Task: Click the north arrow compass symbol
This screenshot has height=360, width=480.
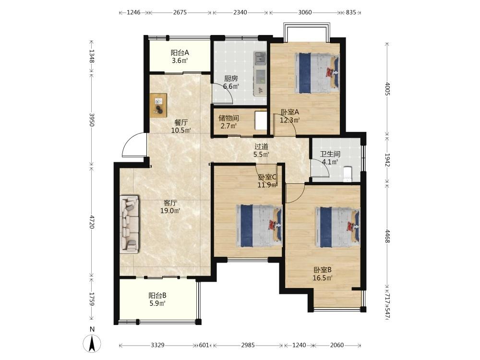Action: pyautogui.click(x=92, y=343)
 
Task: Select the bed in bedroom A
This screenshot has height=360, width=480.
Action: pyautogui.click(x=317, y=73)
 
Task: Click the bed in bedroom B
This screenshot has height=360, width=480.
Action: pyautogui.click(x=337, y=227)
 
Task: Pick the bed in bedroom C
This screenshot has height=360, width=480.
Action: pyautogui.click(x=259, y=226)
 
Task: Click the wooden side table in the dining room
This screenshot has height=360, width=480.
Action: pyautogui.click(x=158, y=105)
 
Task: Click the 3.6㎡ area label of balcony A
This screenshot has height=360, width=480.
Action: pyautogui.click(x=180, y=60)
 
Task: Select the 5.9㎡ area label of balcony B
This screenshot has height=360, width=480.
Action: pyautogui.click(x=157, y=303)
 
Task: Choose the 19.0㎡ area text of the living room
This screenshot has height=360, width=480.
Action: pyautogui.click(x=170, y=211)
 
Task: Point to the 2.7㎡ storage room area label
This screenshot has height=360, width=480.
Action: pyautogui.click(x=228, y=125)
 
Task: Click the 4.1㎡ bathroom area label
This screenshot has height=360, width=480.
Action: pyautogui.click(x=330, y=162)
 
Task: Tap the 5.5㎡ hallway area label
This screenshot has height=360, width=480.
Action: pyautogui.click(x=261, y=155)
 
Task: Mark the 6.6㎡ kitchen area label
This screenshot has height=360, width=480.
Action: pyautogui.click(x=231, y=86)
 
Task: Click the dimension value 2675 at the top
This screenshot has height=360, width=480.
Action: pyautogui.click(x=180, y=12)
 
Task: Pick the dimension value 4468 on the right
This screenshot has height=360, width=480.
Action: pyautogui.click(x=387, y=236)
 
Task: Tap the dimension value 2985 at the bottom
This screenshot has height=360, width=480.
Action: pyautogui.click(x=248, y=345)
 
